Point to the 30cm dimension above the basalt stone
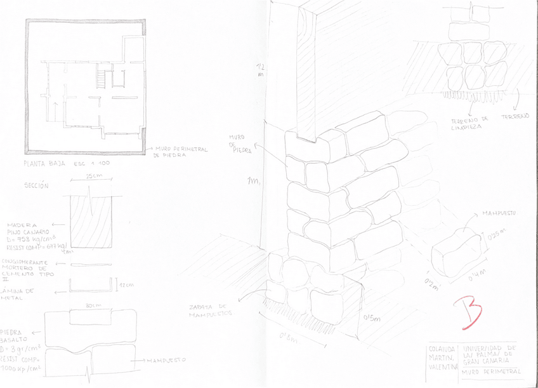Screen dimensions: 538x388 (x=93, y=305)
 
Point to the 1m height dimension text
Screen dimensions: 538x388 (x=253, y=182)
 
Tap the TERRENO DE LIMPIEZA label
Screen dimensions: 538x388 (x=469, y=123)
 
